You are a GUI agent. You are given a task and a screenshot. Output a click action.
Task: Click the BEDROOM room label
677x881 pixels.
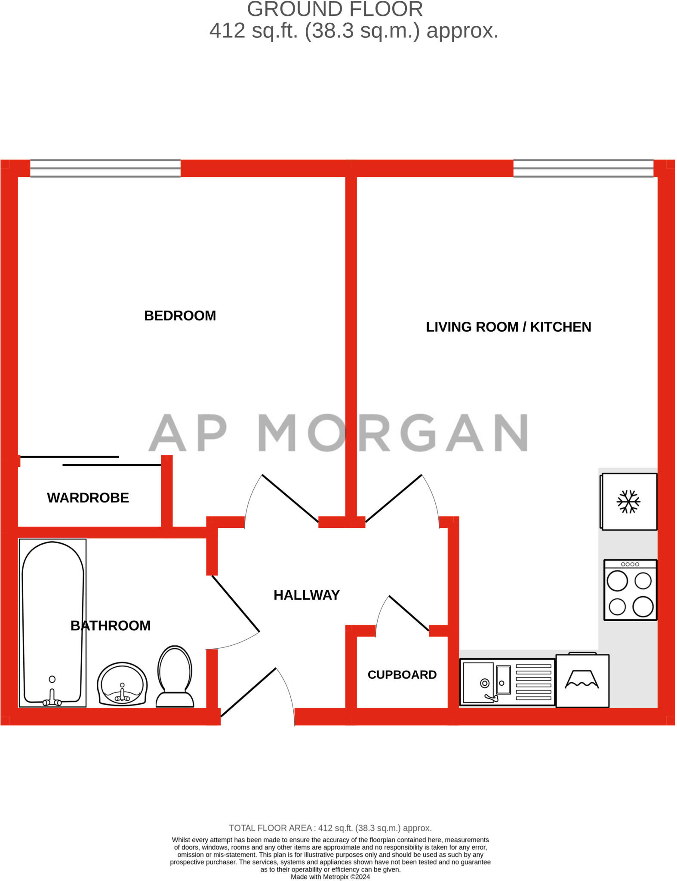point(180,316)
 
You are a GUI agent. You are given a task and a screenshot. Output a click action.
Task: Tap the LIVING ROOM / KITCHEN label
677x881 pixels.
point(508,327)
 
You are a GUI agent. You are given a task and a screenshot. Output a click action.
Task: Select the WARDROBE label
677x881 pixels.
point(88,498)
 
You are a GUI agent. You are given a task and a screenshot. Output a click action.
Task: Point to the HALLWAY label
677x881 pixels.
point(306,595)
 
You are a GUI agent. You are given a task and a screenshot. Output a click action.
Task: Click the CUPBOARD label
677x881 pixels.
point(402,675)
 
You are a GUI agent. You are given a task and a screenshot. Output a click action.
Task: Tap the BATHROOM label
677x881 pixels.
point(111,625)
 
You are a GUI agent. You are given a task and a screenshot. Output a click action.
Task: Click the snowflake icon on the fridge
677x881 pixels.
point(628,502)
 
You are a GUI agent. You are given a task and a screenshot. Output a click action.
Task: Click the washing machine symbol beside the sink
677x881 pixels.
point(582,681)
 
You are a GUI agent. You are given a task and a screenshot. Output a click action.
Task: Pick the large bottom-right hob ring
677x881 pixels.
point(643,607)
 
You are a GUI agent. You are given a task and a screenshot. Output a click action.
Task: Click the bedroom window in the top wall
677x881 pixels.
point(105,168)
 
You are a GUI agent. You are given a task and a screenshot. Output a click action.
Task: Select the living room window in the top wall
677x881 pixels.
point(583,168)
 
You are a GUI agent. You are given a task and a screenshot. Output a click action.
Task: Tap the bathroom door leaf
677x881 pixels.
point(236,604)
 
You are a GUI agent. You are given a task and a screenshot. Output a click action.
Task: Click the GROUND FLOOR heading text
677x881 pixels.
point(335,9)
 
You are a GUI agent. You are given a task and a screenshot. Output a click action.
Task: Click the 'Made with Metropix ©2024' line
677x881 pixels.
point(330,877)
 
